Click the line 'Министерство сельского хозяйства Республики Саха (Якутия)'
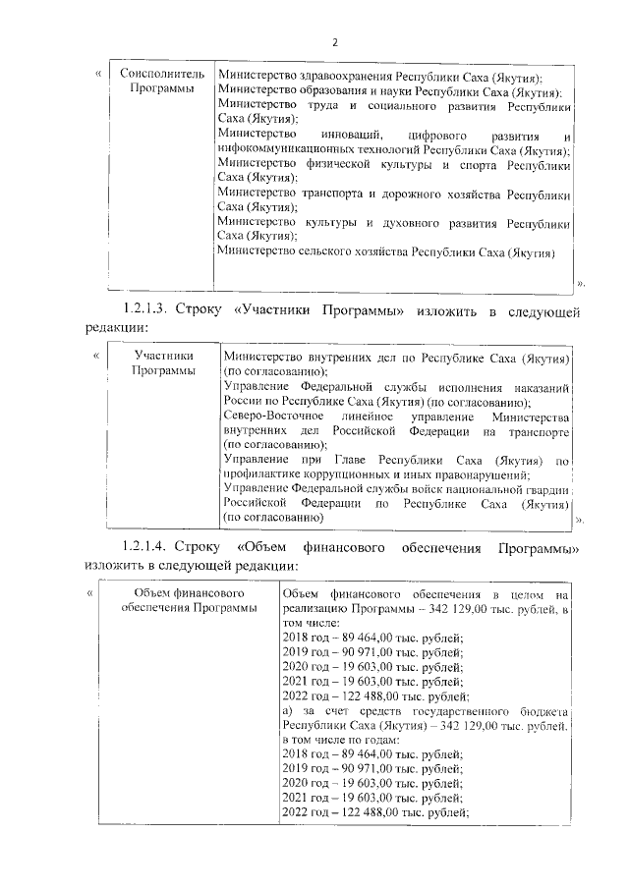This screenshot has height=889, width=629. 385,251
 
